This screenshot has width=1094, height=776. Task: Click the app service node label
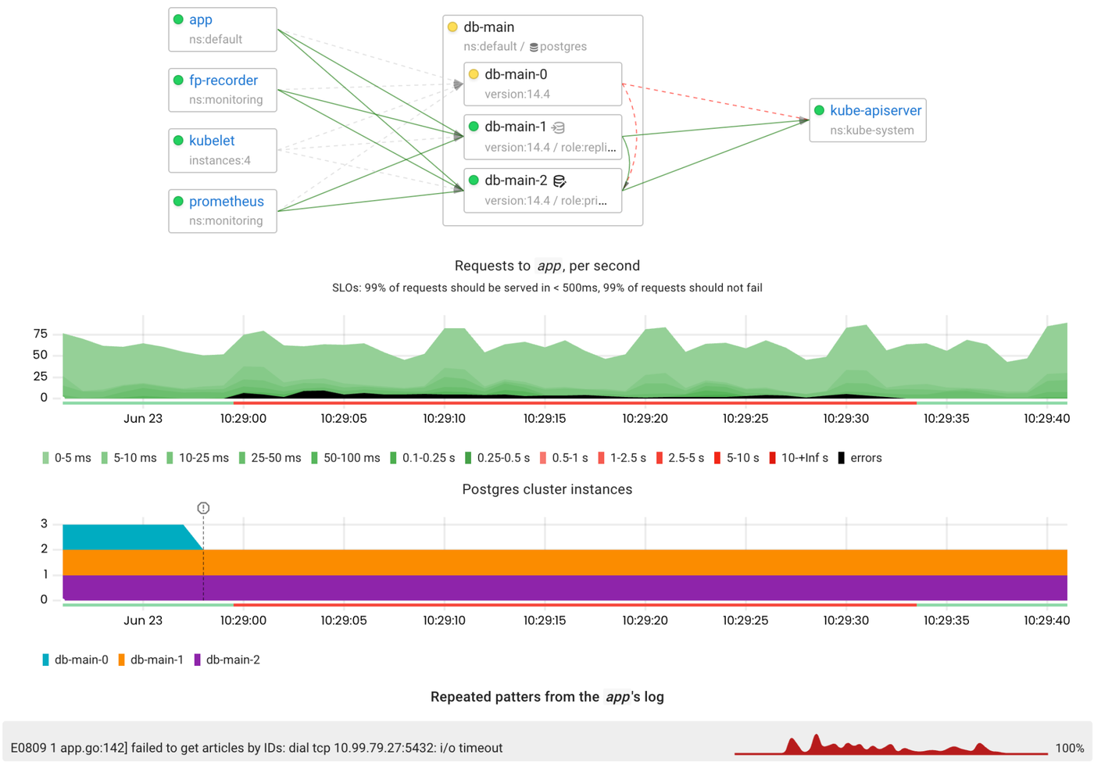point(201,20)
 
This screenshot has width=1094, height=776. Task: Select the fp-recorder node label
point(223,80)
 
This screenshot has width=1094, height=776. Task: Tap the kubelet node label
point(212,141)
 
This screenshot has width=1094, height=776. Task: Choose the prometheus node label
point(226,202)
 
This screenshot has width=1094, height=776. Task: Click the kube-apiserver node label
point(875,111)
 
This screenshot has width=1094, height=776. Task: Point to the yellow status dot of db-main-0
point(474,75)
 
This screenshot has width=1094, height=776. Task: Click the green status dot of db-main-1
point(474,127)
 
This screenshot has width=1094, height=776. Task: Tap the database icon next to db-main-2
point(560,181)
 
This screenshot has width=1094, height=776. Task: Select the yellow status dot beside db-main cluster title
point(452,27)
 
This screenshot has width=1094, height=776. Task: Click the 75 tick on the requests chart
point(41,334)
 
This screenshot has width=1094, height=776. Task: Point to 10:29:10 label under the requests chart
point(444,419)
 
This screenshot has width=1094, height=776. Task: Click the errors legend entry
point(860,458)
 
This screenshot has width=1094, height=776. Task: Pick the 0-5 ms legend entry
point(67,458)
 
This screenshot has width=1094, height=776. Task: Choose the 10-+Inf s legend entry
point(799,458)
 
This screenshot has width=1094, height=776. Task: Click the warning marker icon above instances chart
point(203,508)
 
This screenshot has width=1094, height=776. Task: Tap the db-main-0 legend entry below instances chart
point(76,660)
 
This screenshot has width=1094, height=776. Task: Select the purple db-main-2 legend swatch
point(198,660)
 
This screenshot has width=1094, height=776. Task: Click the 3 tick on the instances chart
point(45,524)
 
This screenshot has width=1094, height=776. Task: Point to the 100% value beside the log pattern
point(1069,749)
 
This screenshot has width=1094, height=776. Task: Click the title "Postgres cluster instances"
point(547,490)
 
